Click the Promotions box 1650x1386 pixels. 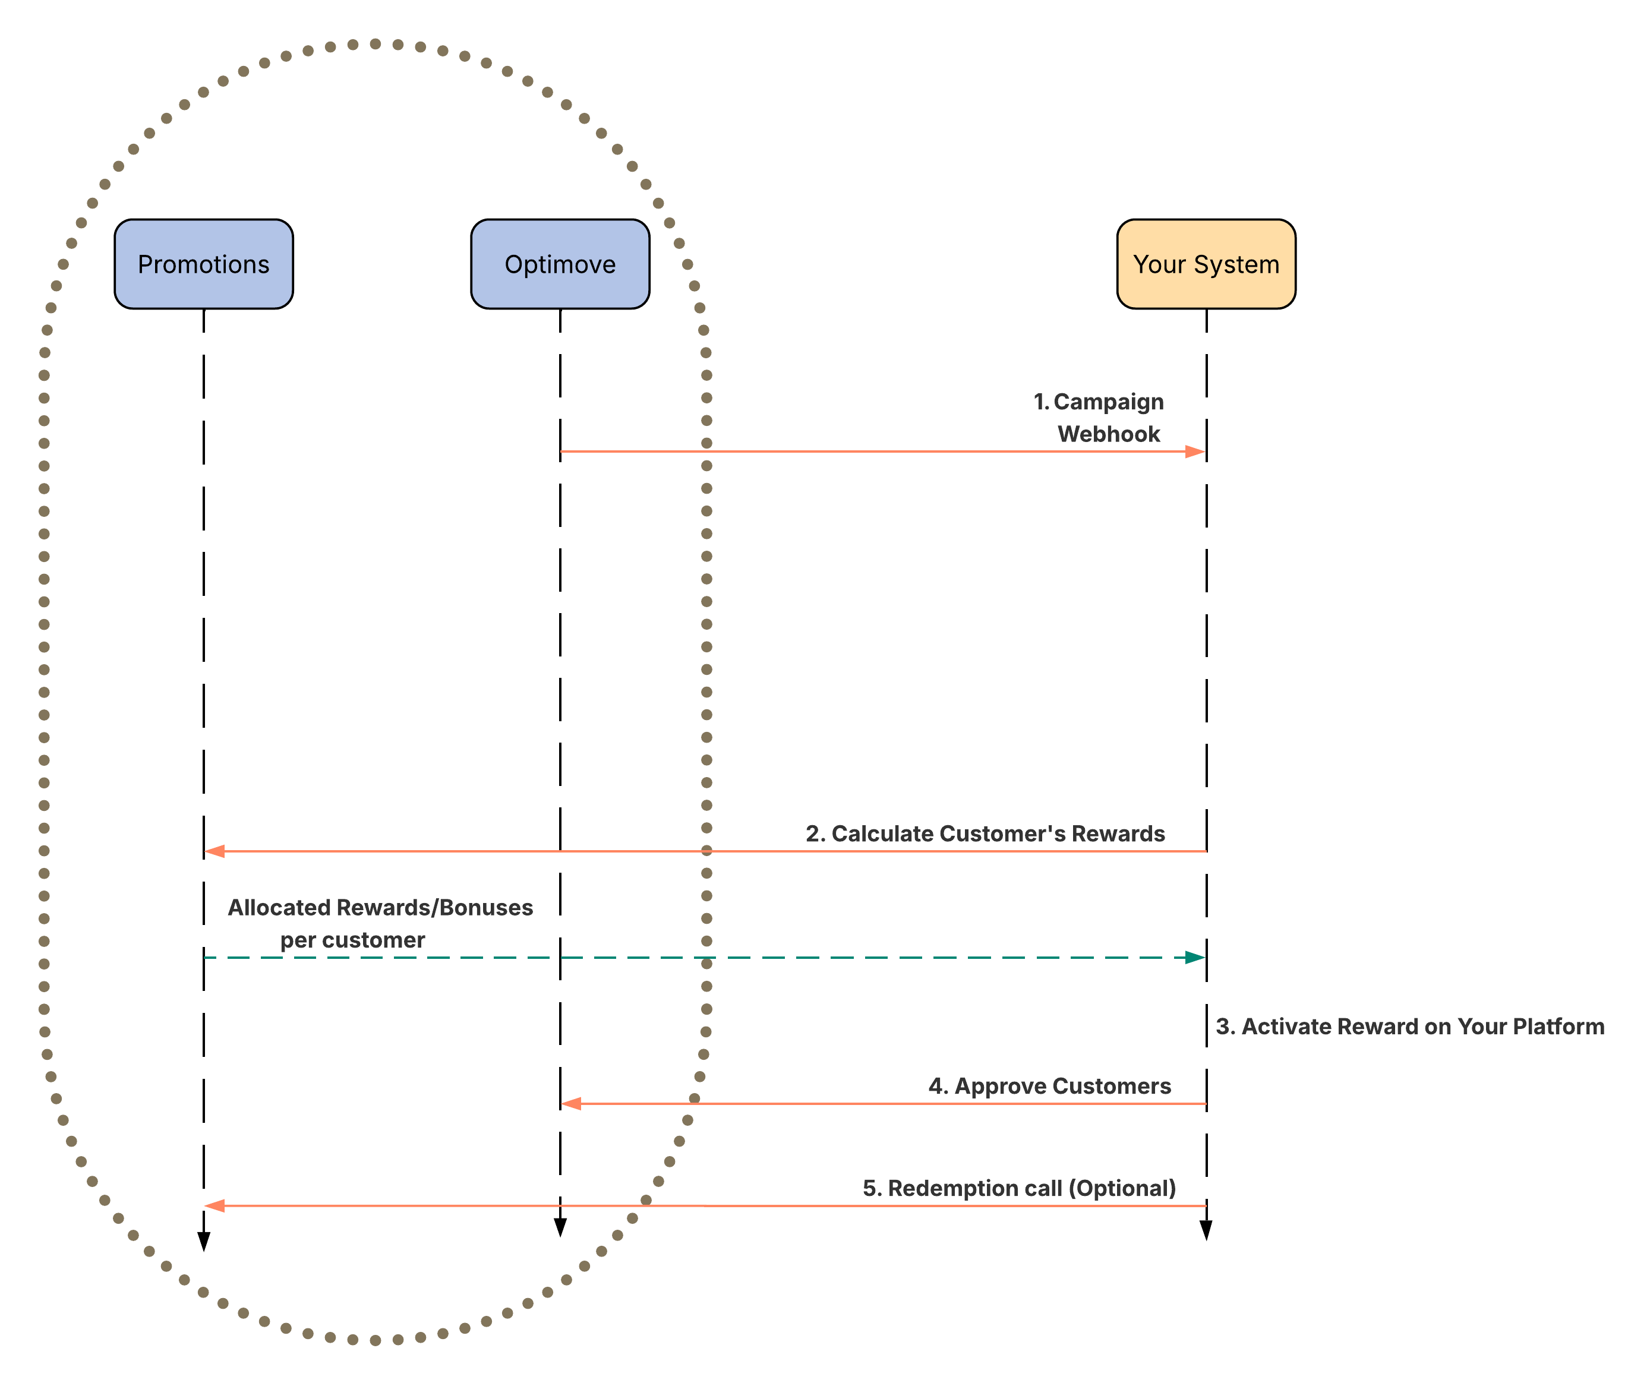pos(203,264)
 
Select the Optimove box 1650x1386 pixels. pos(560,264)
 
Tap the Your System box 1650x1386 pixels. pos(1206,264)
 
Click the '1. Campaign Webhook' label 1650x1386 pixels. pos(1100,417)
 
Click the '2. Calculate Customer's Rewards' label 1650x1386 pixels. pos(985,834)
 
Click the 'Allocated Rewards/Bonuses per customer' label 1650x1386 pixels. pos(380,923)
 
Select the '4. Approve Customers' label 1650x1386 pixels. pos(1050,1086)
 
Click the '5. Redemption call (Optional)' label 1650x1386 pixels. pos(1019,1188)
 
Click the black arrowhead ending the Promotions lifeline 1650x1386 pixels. pos(203,1242)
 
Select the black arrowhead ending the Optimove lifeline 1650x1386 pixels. pos(560,1227)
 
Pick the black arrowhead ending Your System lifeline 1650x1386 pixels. pos(1206,1230)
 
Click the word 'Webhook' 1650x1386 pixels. pos(1109,434)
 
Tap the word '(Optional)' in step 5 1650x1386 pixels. pos(1126,1188)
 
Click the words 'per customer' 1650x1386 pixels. pos(353,940)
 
